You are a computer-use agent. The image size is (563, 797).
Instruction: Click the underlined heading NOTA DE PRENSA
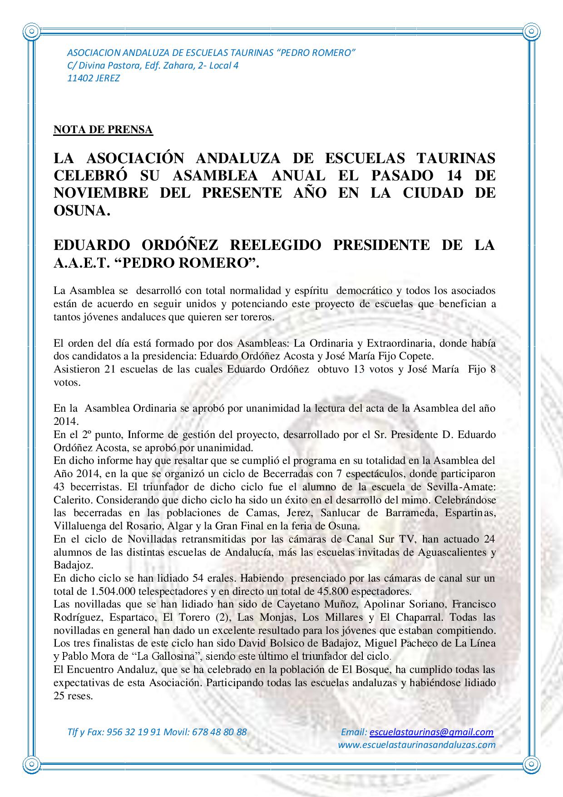[103, 130]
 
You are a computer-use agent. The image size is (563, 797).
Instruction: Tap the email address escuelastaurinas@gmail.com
[431, 732]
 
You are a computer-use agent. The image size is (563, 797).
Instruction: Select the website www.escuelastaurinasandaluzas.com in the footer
[417, 745]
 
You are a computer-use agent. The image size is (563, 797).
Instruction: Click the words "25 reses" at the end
[73, 696]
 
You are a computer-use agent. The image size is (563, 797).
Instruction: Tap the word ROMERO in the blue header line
[332, 53]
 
